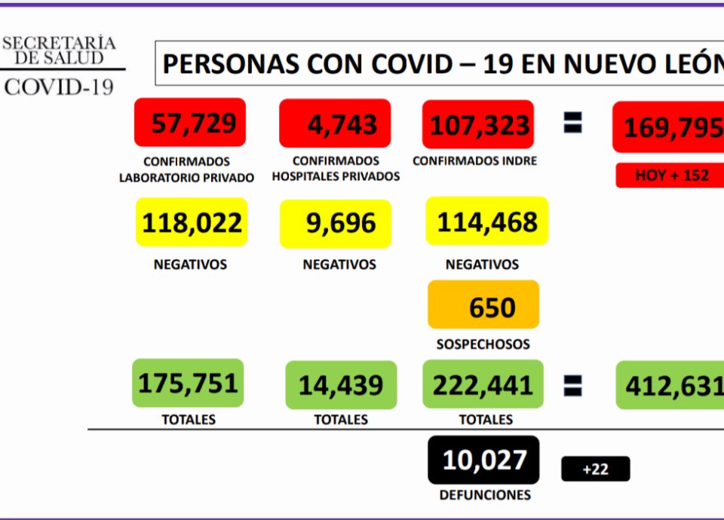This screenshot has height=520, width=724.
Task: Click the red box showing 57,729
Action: point(190,122)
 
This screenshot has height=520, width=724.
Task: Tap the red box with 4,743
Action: point(335,123)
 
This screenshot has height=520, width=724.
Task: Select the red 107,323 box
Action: point(479,124)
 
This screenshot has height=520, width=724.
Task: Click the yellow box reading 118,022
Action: point(192,222)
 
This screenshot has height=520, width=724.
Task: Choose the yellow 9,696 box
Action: point(336,224)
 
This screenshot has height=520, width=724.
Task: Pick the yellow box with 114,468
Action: point(487,222)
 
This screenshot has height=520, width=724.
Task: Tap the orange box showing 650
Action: point(483,305)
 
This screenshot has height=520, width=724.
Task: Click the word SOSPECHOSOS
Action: point(483,344)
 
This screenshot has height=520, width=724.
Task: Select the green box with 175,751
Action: point(188,383)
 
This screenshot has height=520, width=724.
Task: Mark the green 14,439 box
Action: point(341,385)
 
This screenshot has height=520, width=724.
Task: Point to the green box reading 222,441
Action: point(483,384)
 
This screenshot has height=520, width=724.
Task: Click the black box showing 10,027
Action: point(483,459)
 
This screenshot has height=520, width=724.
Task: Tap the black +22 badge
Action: point(595,469)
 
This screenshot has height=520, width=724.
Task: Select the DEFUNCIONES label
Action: point(484,495)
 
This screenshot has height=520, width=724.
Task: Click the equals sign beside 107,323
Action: point(573,124)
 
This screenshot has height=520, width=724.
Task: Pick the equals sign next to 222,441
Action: point(573,385)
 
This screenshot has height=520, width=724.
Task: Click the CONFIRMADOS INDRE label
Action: point(475,161)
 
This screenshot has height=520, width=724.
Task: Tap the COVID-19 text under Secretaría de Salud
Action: point(60,87)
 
